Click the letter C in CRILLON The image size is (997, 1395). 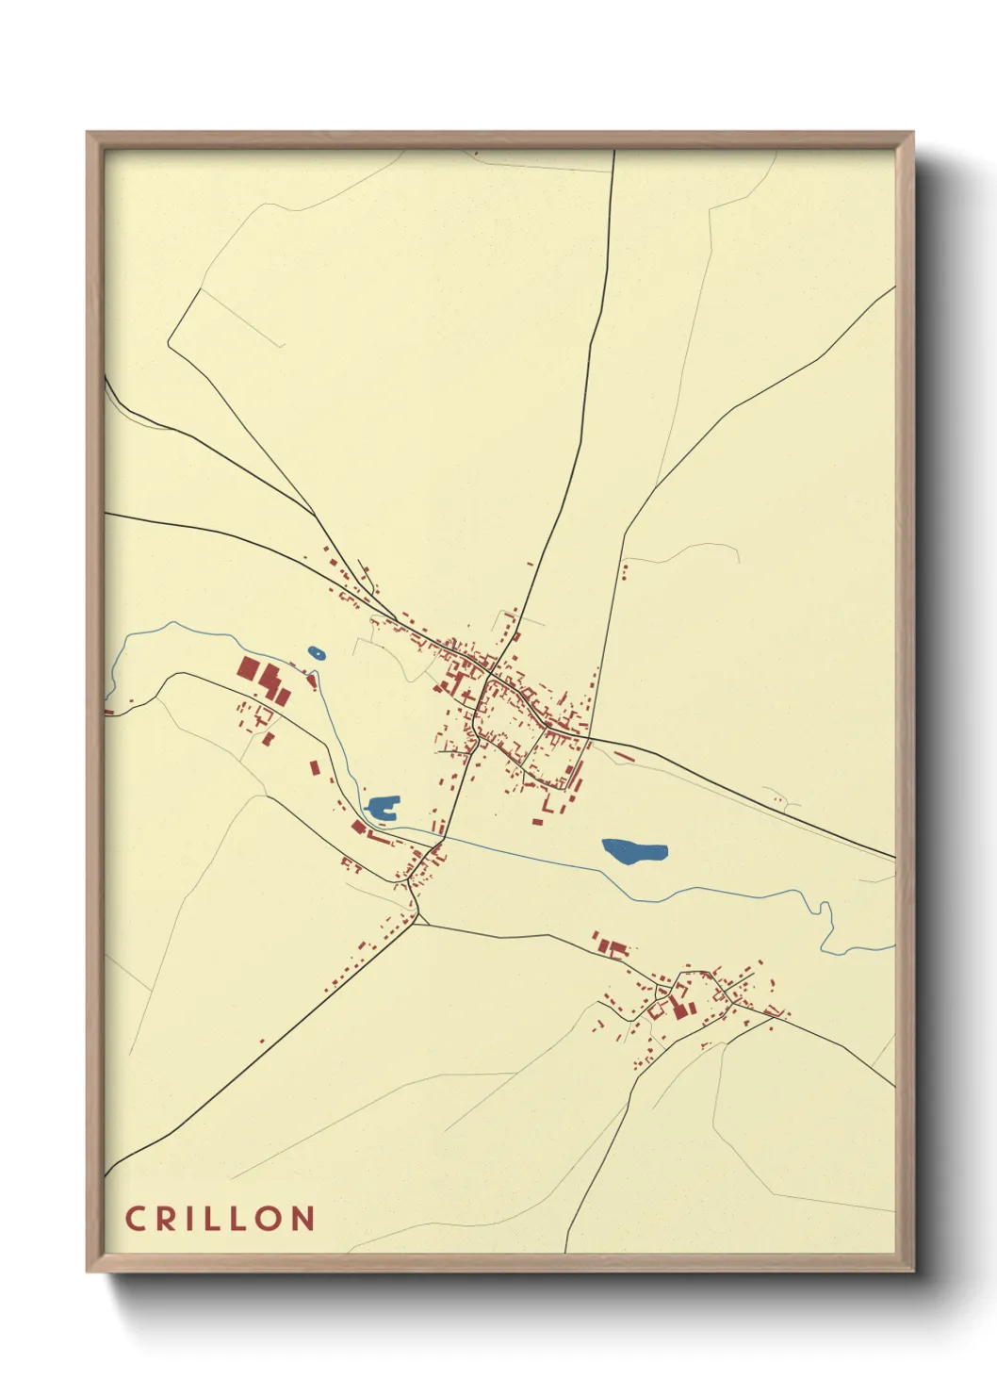(x=136, y=1218)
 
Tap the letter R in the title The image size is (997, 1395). (x=166, y=1218)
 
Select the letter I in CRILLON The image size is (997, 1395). (x=190, y=1218)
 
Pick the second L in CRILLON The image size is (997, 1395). (x=243, y=1218)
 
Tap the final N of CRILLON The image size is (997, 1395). (x=302, y=1218)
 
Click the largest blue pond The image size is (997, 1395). (x=634, y=851)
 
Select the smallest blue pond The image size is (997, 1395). (x=317, y=652)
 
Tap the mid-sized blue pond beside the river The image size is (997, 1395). (x=383, y=807)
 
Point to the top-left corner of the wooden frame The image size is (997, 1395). (x=89, y=134)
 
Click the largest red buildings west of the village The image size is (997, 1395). (x=264, y=679)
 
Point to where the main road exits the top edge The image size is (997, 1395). (x=614, y=152)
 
